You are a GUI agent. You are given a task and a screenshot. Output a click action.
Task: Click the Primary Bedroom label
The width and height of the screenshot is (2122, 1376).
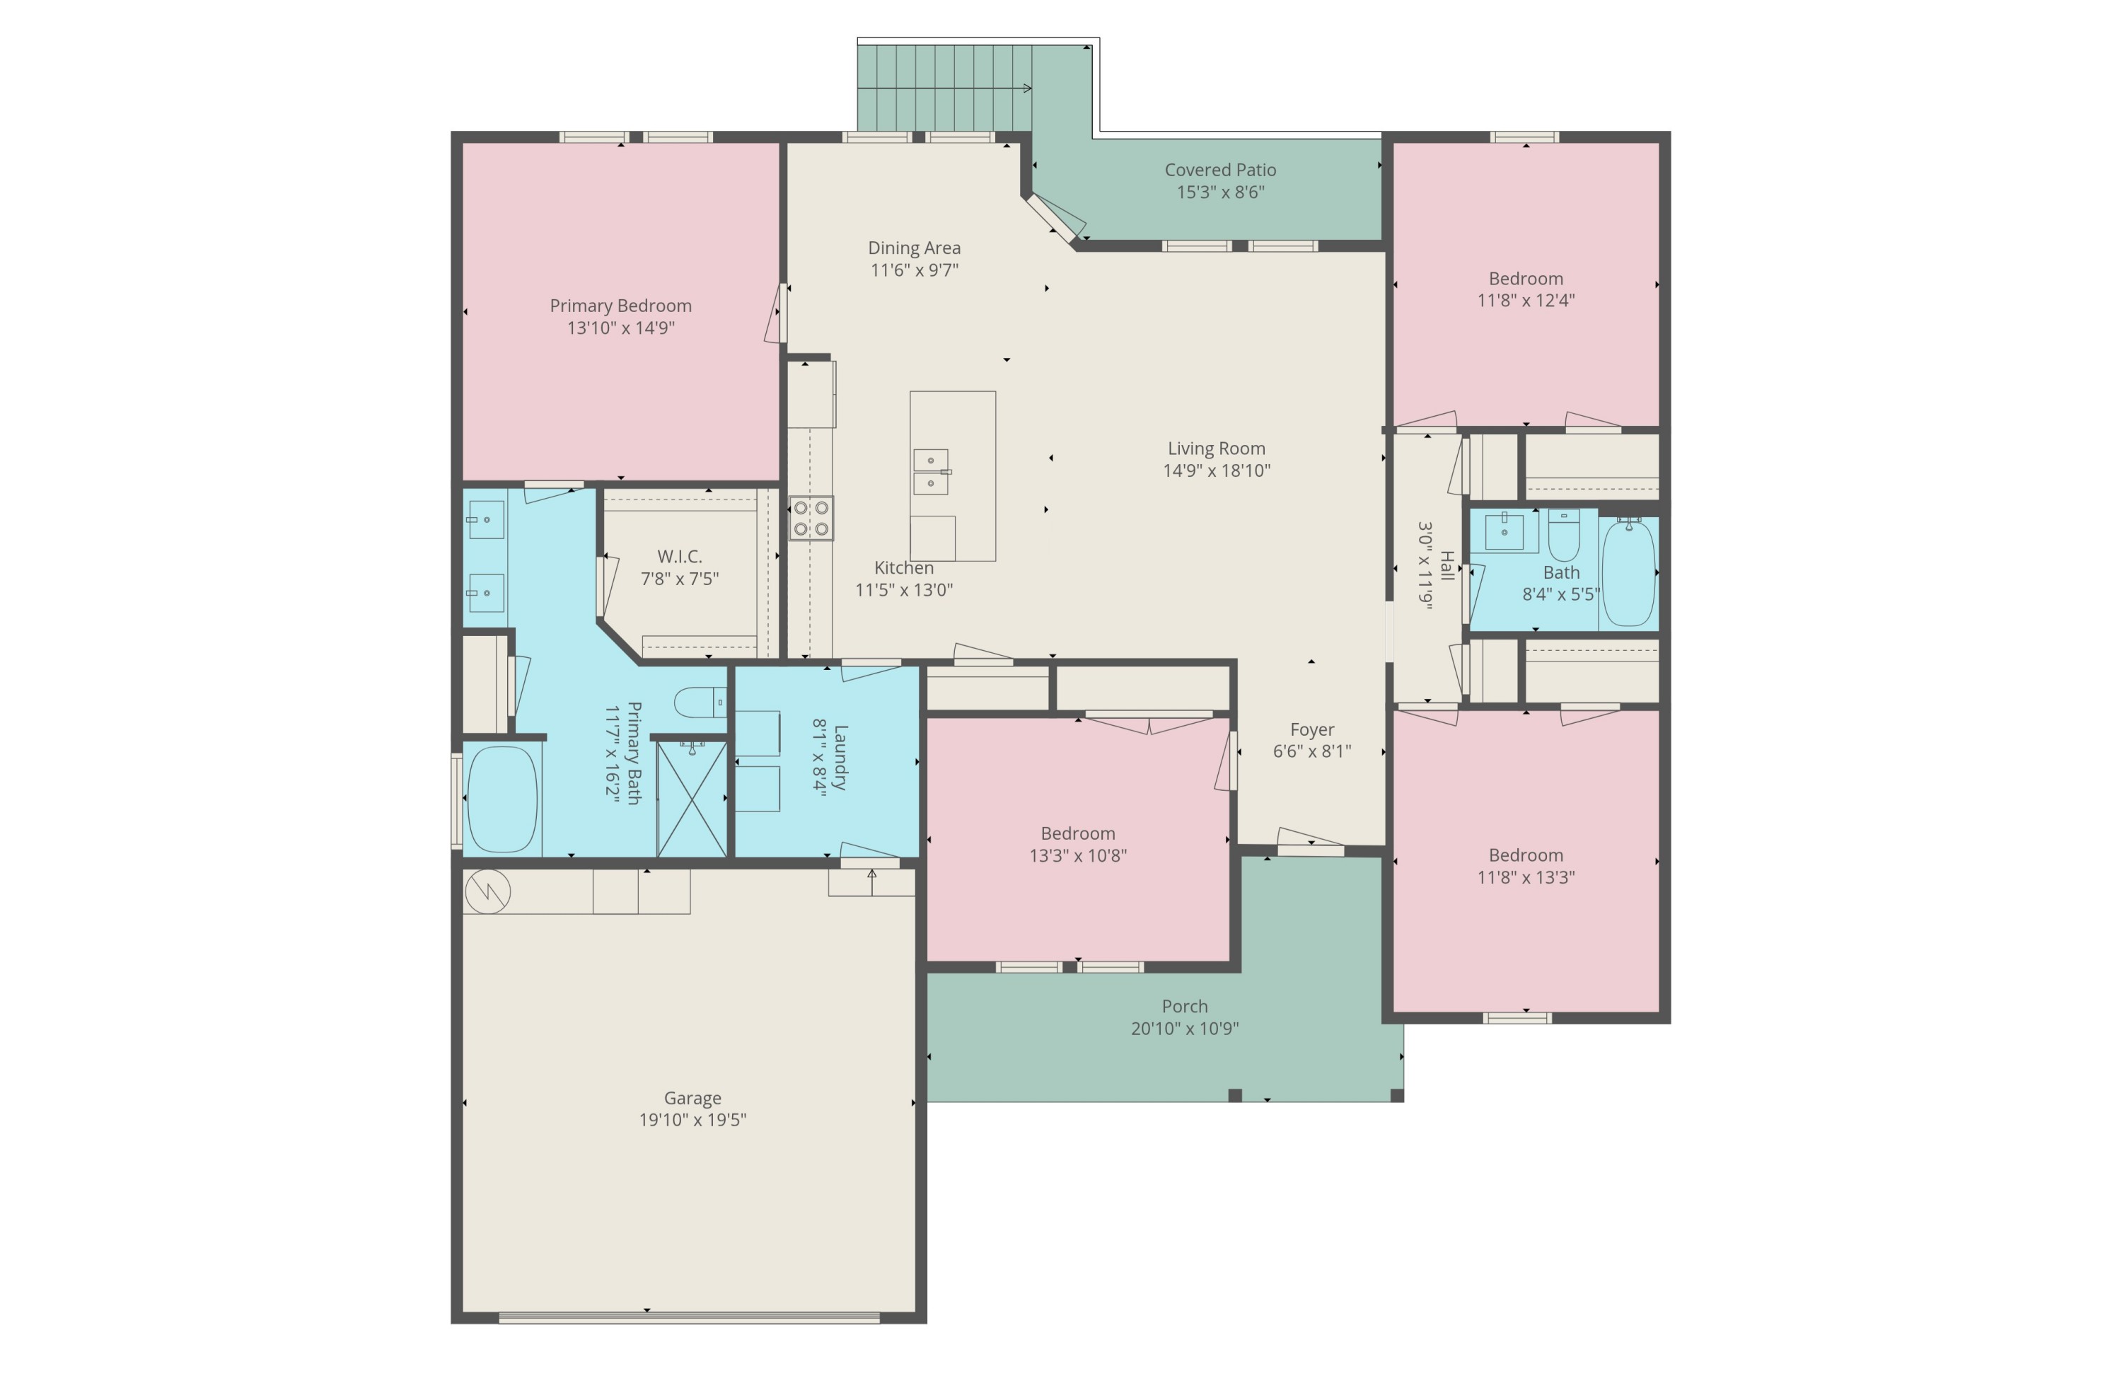620,306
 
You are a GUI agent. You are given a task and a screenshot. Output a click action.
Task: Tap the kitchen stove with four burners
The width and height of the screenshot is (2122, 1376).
811,518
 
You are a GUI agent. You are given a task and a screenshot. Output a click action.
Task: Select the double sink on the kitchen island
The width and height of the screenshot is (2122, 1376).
931,472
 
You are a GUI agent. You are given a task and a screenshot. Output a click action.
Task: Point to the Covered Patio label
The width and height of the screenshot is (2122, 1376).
1219,170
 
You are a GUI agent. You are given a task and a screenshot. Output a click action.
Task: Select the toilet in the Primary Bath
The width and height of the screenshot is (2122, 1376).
700,703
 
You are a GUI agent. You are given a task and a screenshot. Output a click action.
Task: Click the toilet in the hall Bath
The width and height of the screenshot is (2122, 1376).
1563,535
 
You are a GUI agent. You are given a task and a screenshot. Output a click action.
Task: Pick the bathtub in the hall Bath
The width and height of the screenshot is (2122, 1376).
1628,572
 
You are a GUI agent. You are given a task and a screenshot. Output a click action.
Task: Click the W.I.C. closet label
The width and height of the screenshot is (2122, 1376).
680,557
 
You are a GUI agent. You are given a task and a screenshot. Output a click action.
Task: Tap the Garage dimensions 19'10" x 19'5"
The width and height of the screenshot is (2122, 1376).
692,1120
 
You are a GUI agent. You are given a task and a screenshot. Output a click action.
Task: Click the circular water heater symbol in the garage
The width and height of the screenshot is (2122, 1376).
487,891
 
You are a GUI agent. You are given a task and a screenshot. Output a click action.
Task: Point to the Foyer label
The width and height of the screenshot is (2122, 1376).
1311,729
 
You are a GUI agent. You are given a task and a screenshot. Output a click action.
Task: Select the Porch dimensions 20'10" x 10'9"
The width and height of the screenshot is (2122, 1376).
1184,1028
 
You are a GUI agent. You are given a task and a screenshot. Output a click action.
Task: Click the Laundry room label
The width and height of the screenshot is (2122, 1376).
840,757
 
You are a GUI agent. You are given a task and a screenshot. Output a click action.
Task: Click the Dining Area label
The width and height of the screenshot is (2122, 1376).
914,248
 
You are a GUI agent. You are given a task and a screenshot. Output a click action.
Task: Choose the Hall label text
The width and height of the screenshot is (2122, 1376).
1447,566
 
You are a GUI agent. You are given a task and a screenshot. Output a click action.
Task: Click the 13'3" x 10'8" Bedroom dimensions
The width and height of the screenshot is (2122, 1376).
1077,855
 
